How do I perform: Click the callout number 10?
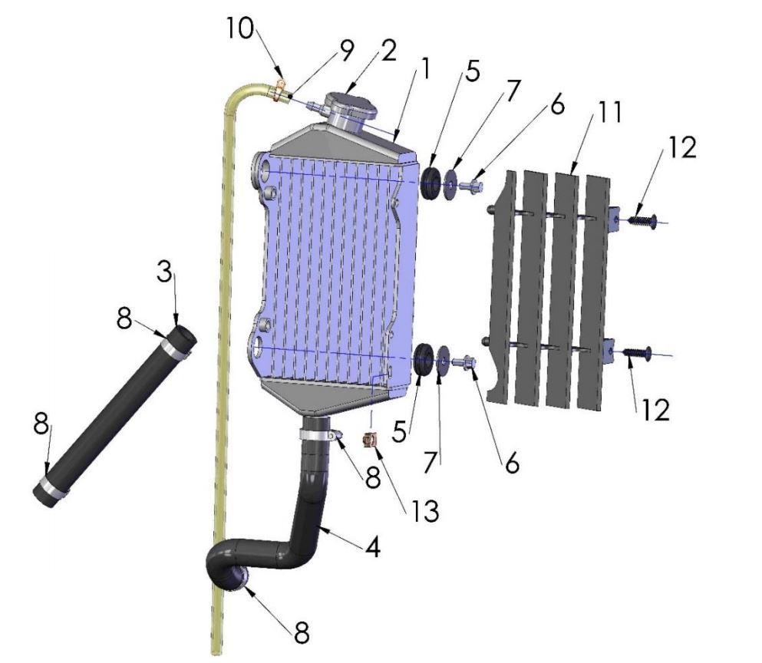pos(240,28)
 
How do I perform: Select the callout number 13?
pos(425,510)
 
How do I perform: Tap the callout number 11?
pos(608,112)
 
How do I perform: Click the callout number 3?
pos(165,272)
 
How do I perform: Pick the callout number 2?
pos(388,51)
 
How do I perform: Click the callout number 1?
pos(424,68)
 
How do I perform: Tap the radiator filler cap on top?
pos(351,110)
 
